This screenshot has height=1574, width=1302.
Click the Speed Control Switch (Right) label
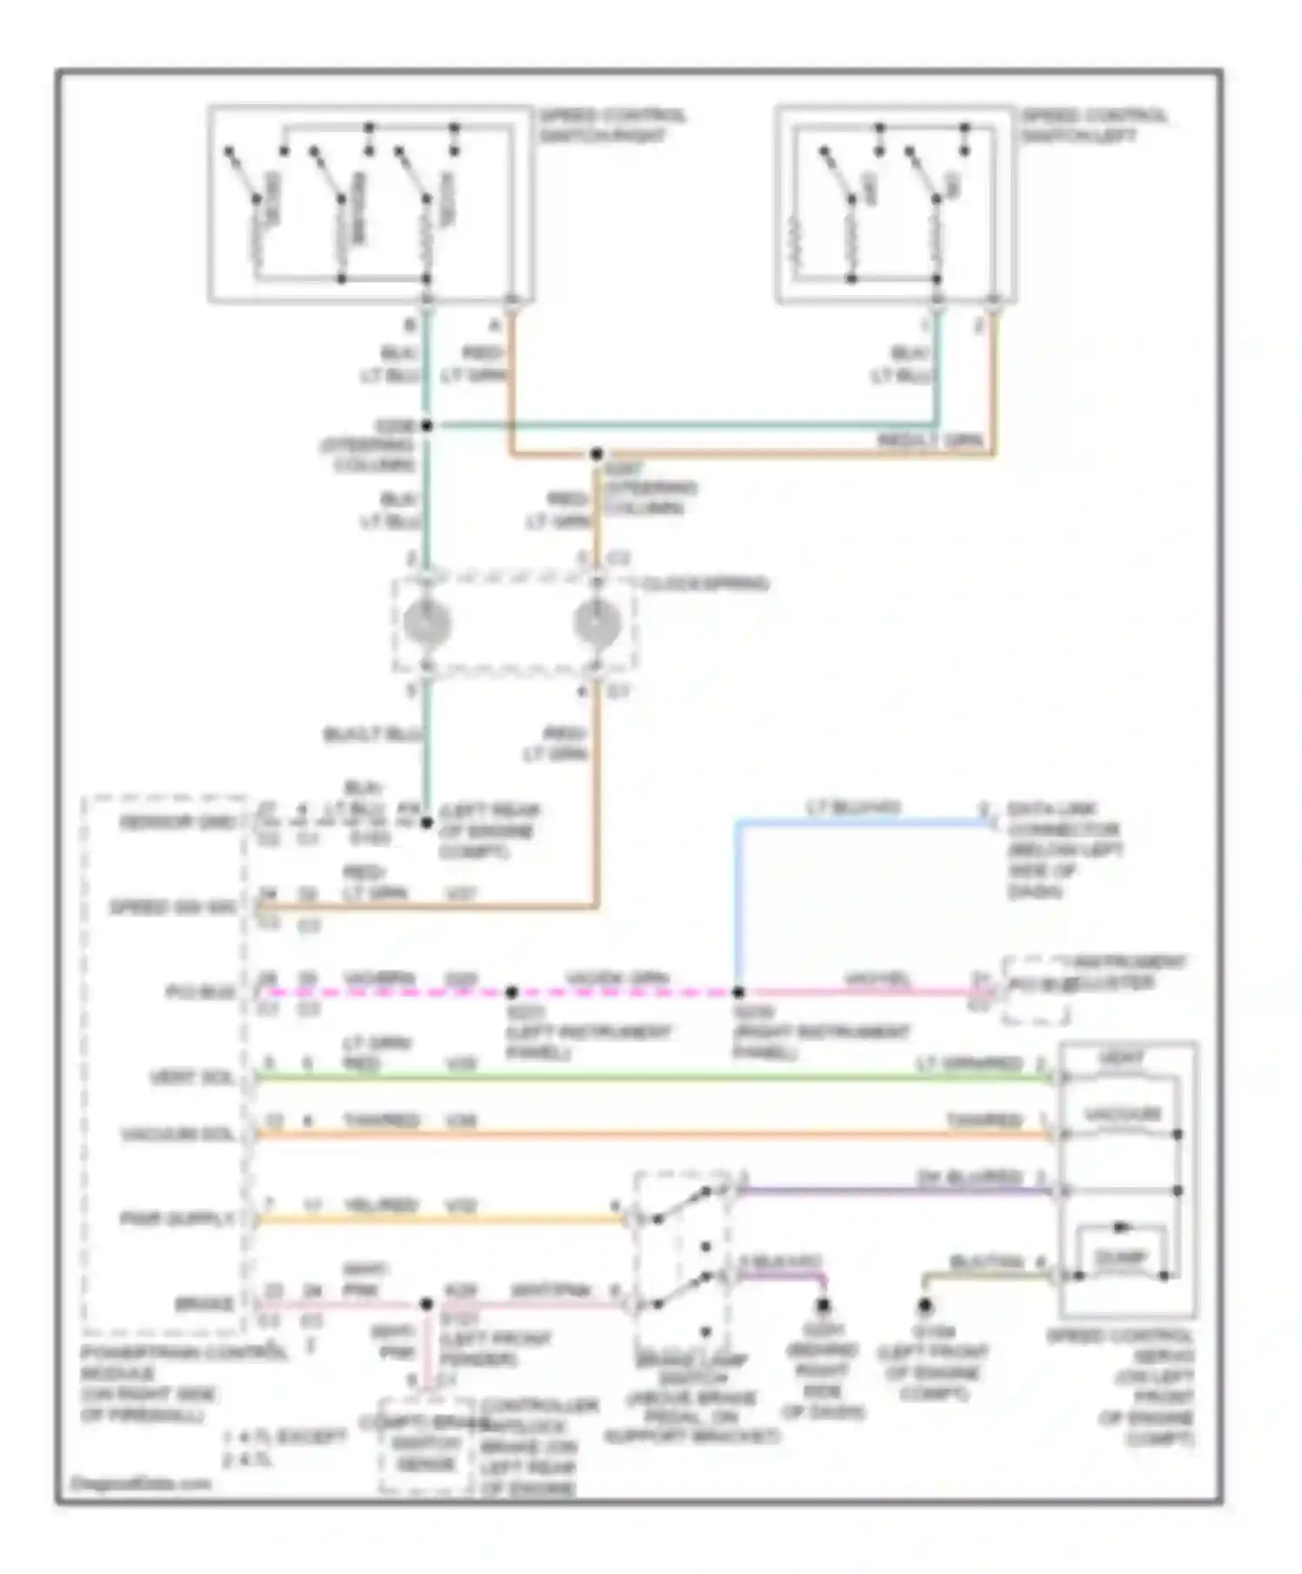click(612, 126)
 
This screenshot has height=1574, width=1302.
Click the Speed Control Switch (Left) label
click(1093, 126)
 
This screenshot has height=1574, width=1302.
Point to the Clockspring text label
click(705, 584)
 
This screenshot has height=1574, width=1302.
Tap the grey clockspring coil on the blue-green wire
click(427, 623)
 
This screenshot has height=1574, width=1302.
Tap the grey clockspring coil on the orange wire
click(597, 623)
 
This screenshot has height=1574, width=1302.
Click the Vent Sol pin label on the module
click(192, 1078)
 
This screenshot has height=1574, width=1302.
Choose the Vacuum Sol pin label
click(179, 1135)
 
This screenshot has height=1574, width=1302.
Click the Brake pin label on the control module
click(205, 1303)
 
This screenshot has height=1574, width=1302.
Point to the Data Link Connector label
click(1062, 849)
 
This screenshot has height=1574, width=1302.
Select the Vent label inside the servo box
click(1121, 1058)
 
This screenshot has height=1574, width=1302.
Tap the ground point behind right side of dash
click(823, 1304)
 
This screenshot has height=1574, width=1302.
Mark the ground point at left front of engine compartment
click(925, 1304)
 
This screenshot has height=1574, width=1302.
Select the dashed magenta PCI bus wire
click(625, 992)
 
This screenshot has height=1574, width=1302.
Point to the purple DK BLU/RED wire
click(894, 1191)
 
